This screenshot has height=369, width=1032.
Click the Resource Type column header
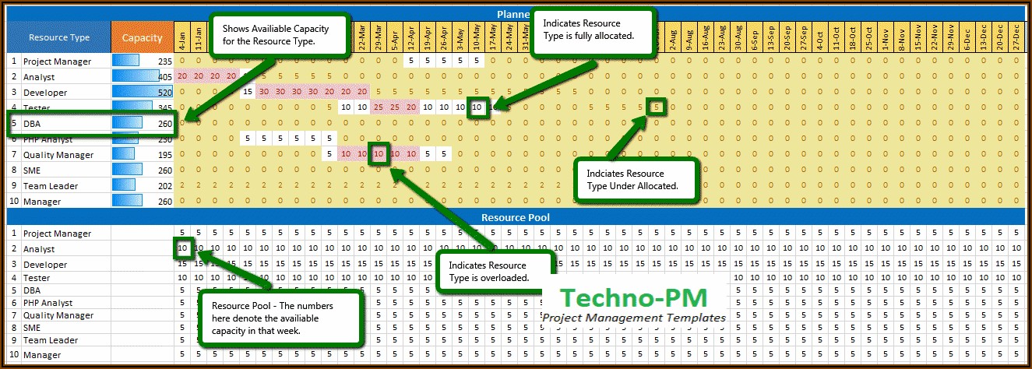[x=59, y=37]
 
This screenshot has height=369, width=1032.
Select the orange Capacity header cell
[x=142, y=37]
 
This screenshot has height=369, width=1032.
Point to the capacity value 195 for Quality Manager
[x=164, y=155]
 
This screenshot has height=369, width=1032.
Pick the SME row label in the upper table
[x=33, y=170]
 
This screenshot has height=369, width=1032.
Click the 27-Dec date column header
[x=1017, y=37]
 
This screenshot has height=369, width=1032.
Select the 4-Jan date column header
[x=182, y=37]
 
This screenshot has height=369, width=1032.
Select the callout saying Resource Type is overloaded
[x=495, y=271]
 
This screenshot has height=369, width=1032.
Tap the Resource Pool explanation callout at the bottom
[x=280, y=318]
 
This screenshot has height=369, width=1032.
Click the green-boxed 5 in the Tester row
[x=657, y=107]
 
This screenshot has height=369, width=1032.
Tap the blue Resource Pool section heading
[x=516, y=217]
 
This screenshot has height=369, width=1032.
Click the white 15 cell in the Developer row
[x=248, y=92]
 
